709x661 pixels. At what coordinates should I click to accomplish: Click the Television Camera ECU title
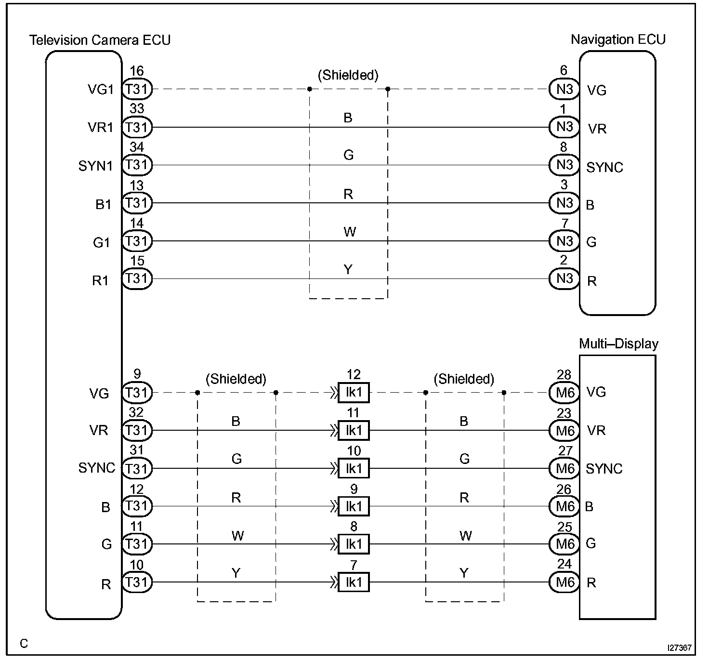click(x=100, y=40)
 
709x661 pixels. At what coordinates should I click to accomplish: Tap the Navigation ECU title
click(x=618, y=40)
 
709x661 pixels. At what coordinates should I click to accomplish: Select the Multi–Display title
click(x=618, y=344)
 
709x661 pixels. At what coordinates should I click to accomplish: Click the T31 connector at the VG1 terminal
click(x=137, y=89)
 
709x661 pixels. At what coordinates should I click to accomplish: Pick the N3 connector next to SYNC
click(x=565, y=165)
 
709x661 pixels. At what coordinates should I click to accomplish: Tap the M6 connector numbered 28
click(x=565, y=393)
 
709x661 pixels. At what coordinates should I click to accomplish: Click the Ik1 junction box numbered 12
click(x=354, y=393)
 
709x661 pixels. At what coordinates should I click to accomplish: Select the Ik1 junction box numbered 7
click(x=354, y=582)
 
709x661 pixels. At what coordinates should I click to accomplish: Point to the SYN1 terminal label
click(x=95, y=166)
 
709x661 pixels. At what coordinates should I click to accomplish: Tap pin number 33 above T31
click(x=137, y=109)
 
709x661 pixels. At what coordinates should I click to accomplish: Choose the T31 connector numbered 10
click(x=137, y=582)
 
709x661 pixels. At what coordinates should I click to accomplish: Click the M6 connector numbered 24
click(x=565, y=582)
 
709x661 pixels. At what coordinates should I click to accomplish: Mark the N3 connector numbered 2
click(x=565, y=279)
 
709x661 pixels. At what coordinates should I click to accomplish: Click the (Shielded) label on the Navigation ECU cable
click(x=348, y=75)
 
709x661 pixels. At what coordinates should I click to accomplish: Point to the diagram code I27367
click(x=679, y=648)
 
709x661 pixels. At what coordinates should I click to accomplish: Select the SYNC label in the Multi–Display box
click(x=604, y=469)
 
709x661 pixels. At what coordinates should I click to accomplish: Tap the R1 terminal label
click(x=101, y=280)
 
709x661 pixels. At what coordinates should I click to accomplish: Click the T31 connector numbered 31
click(x=137, y=468)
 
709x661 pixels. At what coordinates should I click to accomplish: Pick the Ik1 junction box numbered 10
click(x=354, y=468)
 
